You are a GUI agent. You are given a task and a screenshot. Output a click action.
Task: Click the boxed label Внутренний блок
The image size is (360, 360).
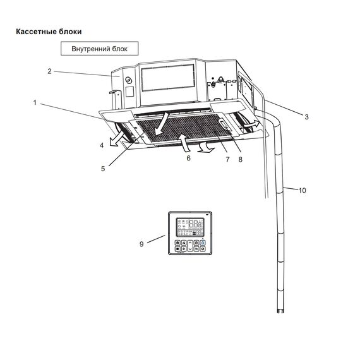coord(99,49)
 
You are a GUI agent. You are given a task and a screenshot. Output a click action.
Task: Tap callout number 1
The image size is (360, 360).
coord(35,102)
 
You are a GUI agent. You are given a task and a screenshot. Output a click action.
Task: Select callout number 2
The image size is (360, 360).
coord(49,71)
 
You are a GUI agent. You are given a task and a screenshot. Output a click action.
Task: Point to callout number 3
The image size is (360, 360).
coord(306,117)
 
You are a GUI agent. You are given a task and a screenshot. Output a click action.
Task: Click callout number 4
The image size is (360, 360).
coord(102,145)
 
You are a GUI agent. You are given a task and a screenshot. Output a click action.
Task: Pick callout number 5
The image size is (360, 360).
coord(103,169)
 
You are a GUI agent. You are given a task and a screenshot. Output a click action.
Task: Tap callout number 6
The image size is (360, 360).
coord(188,158)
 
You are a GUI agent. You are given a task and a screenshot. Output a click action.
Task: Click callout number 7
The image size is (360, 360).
coord(227,159)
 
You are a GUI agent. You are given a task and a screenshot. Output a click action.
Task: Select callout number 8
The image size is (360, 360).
coord(241,159)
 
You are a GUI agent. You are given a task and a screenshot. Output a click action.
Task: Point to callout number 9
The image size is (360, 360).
coord(141,244)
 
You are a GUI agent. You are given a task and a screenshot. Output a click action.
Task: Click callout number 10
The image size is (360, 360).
coord(302,190)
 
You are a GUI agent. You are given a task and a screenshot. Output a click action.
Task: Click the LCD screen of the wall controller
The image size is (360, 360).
coord(190,227)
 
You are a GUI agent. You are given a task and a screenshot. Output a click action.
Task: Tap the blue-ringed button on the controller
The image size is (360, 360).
coord(203,243)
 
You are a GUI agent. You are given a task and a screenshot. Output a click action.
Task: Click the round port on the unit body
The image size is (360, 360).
coord(128,80)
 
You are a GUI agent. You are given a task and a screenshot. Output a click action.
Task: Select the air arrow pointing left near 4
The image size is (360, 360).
coord(116,139)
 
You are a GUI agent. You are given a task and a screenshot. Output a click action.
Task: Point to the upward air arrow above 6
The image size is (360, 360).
coord(184,143)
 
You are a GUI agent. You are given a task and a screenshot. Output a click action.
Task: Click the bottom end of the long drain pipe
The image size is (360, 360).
coord(280,312)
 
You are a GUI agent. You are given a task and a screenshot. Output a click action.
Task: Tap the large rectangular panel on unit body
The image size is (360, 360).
coord(168,78)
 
